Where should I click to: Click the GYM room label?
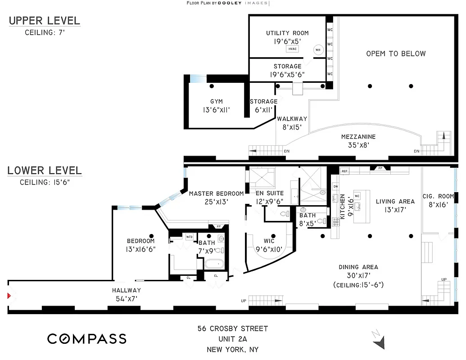click(x=216, y=102)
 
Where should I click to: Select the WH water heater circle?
click(x=318, y=50)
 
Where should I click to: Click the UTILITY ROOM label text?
click(x=287, y=33)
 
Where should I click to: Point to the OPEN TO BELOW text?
click(x=395, y=54)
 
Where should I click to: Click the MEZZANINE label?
click(x=358, y=137)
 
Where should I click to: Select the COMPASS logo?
click(x=87, y=339)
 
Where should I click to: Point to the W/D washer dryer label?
click(x=189, y=236)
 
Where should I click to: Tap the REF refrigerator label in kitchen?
click(x=345, y=171)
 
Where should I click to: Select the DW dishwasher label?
click(x=335, y=186)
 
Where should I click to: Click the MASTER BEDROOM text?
click(x=216, y=193)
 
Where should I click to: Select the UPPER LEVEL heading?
click(x=44, y=21)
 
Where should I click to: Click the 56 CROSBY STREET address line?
click(x=232, y=328)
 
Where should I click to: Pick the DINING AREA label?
click(x=358, y=267)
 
